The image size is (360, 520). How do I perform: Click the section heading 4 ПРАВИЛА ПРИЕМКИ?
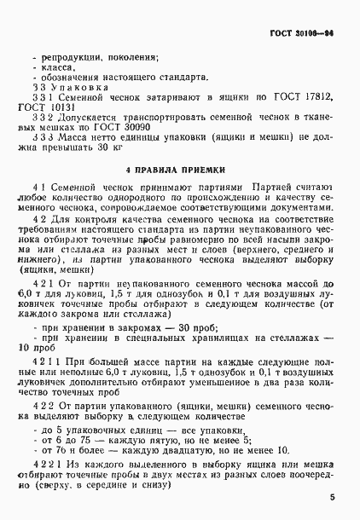pos(179,171)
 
